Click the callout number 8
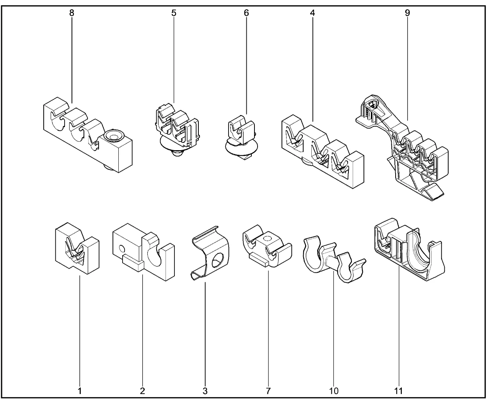coord(72,13)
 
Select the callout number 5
coord(174,13)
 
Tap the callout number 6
coord(246,13)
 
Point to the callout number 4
coord(312,13)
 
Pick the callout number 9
coord(407,13)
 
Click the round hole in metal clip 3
coord(218,260)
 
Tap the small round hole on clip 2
coord(122,250)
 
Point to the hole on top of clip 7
coord(268,239)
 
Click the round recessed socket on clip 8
coord(114,136)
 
